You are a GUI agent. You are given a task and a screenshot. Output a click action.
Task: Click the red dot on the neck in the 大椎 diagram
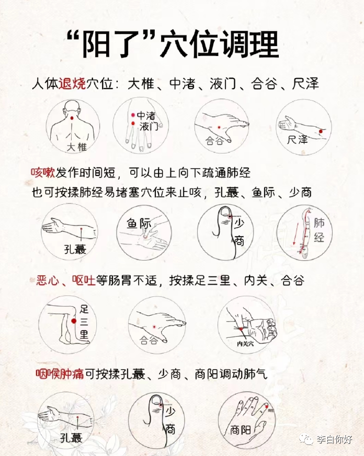click(x=72, y=118)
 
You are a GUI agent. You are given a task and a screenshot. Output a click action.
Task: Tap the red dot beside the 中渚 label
click(x=133, y=115)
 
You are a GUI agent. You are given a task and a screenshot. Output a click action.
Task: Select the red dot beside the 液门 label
click(x=133, y=124)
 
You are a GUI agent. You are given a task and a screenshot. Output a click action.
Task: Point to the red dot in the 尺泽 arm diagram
click(x=321, y=131)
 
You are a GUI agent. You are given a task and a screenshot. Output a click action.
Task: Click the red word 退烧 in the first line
click(x=72, y=84)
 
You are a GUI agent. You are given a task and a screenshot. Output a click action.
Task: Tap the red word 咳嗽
click(x=43, y=173)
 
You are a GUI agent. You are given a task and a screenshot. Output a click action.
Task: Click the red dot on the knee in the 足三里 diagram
click(x=74, y=321)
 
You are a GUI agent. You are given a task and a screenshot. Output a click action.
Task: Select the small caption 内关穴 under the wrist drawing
click(x=245, y=344)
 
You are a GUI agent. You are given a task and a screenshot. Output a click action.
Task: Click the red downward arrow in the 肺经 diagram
click(x=295, y=233)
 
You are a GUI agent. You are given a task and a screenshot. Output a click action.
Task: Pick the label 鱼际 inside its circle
click(x=139, y=224)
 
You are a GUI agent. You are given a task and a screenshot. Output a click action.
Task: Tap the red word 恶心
click(x=48, y=281)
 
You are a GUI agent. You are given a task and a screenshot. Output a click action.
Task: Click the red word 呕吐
click(x=84, y=281)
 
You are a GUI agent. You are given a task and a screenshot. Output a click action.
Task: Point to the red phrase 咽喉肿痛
click(x=60, y=374)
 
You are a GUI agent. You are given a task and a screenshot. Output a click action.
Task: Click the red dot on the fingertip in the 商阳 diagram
click(x=267, y=406)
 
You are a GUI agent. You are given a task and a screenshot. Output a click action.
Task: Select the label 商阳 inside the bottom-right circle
click(x=241, y=430)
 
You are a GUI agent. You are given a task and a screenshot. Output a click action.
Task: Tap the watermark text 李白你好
click(x=334, y=439)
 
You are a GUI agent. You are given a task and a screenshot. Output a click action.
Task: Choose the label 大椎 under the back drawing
click(x=77, y=147)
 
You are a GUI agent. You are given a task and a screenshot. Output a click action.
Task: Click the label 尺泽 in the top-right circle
click(x=297, y=140)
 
